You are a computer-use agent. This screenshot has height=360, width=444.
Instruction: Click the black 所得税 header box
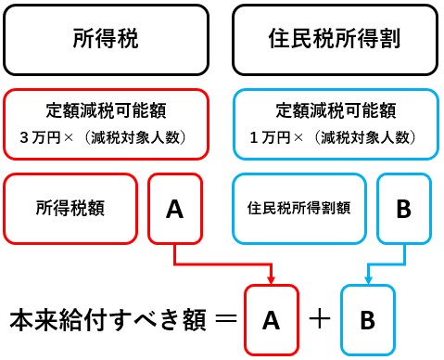point(106,39)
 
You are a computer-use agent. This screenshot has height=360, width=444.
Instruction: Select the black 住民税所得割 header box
point(336,39)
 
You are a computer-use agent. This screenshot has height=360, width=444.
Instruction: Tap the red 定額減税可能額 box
point(105,122)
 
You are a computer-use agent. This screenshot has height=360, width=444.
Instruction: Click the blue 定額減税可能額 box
point(335,122)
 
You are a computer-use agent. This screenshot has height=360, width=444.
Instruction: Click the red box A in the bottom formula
point(271,320)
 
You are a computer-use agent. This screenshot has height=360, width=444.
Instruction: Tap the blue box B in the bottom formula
point(368,320)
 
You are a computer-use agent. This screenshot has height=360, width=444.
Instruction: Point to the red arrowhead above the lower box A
point(271,279)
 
